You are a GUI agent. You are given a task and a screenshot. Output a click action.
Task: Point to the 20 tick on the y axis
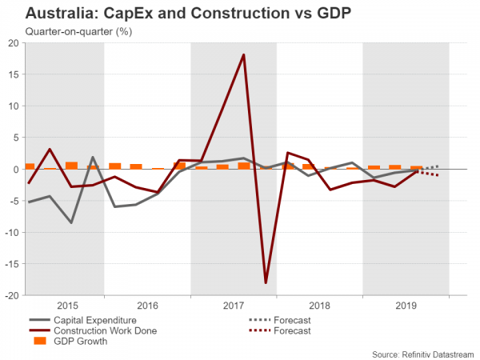pyautogui.click(x=13, y=43)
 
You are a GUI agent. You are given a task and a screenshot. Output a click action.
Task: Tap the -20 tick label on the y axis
pyautogui.click(x=10, y=295)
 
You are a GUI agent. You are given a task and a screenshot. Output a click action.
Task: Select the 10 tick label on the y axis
pyautogui.click(x=13, y=106)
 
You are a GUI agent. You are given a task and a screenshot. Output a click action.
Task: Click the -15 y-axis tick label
pyautogui.click(x=10, y=264)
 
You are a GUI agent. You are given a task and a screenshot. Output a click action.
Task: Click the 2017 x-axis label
pyautogui.click(x=234, y=306)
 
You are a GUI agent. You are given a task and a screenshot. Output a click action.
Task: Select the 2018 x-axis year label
pyautogui.click(x=320, y=306)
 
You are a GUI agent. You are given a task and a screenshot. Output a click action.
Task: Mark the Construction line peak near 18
pyautogui.click(x=243, y=55)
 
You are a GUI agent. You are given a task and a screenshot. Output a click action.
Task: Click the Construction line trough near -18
pyautogui.click(x=266, y=282)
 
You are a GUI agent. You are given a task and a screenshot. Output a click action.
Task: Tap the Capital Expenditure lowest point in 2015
pyautogui.click(x=71, y=222)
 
